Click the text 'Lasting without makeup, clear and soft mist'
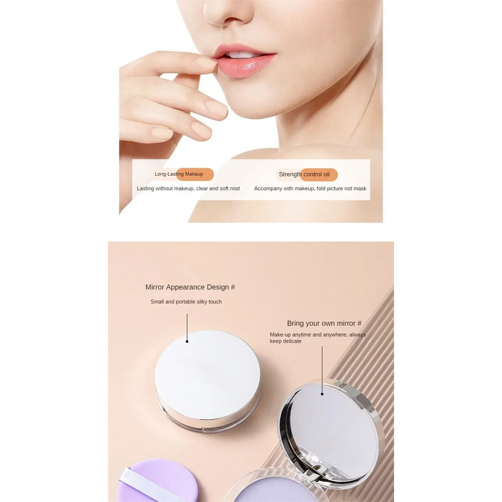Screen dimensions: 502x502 [x=188, y=188]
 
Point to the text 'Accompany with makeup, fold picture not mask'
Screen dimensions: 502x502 [x=310, y=188]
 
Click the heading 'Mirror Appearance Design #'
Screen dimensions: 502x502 [x=190, y=287]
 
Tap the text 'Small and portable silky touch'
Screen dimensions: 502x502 [x=186, y=302]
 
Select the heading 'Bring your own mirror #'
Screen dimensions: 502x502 [x=324, y=323]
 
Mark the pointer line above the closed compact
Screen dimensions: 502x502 [x=187, y=328]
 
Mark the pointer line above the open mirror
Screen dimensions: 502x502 [x=323, y=370]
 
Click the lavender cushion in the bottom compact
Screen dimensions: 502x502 [x=276, y=492]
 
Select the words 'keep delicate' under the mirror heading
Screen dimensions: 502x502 [x=286, y=341]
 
